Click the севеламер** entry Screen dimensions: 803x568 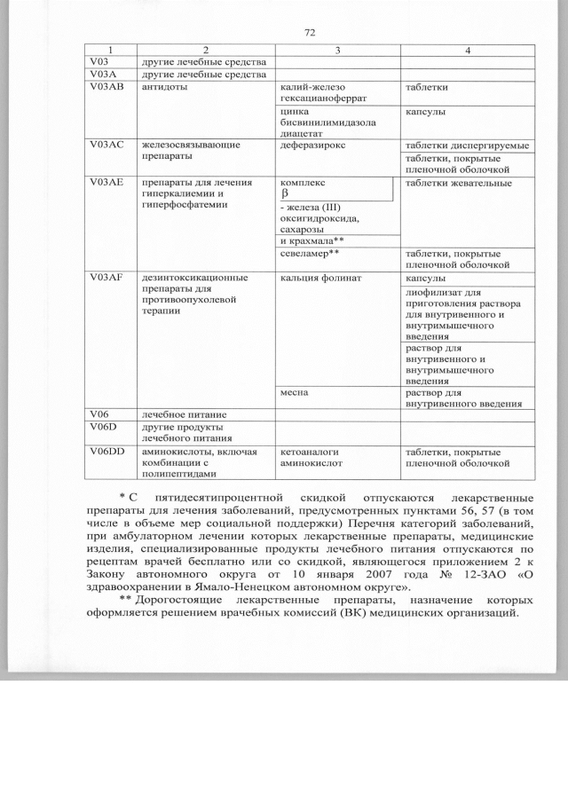click(310, 253)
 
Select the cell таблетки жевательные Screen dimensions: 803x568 click(458, 183)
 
